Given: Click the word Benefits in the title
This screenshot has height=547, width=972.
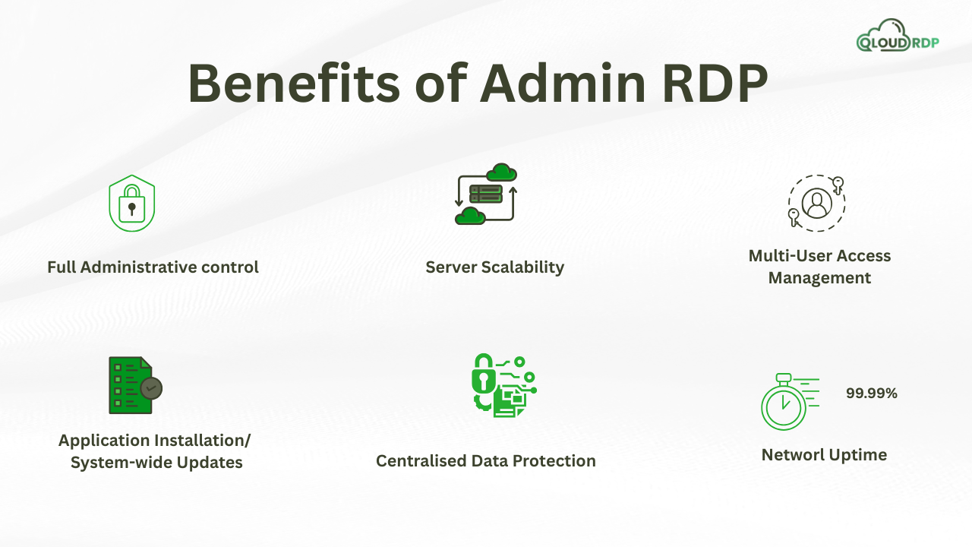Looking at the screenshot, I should click(x=292, y=84).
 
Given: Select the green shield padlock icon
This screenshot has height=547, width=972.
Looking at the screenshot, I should click(x=132, y=204).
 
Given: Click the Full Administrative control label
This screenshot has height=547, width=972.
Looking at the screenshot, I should click(x=153, y=267).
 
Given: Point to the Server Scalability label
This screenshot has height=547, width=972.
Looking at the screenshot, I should click(x=494, y=267).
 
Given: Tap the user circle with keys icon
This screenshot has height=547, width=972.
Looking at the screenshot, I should click(x=816, y=203).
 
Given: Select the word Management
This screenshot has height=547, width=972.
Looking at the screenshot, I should click(x=819, y=278).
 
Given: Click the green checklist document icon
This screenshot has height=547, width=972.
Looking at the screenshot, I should click(x=134, y=385).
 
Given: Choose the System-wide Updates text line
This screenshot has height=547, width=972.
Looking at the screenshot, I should click(x=156, y=463).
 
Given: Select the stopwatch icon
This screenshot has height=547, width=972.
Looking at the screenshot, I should click(x=784, y=403).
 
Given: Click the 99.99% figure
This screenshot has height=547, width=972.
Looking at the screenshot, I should click(x=872, y=394).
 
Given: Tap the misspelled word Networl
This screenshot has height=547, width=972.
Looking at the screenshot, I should click(x=792, y=455).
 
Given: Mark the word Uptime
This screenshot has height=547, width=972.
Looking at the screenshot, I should click(x=858, y=455).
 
